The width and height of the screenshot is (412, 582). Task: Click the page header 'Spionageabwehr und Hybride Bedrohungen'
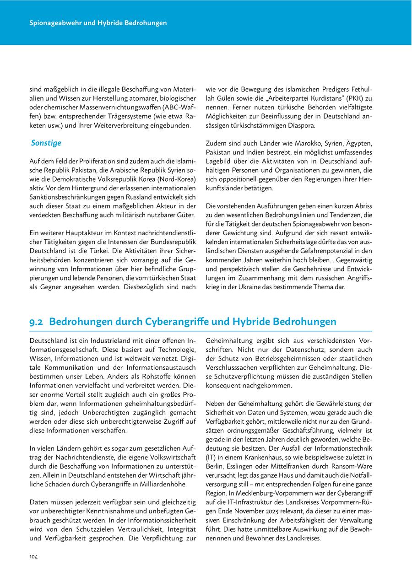98,22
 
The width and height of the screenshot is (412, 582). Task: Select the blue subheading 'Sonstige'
46,143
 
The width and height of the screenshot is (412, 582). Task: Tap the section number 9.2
37,322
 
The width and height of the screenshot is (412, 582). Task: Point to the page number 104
33,556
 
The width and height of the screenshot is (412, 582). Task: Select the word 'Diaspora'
296,125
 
